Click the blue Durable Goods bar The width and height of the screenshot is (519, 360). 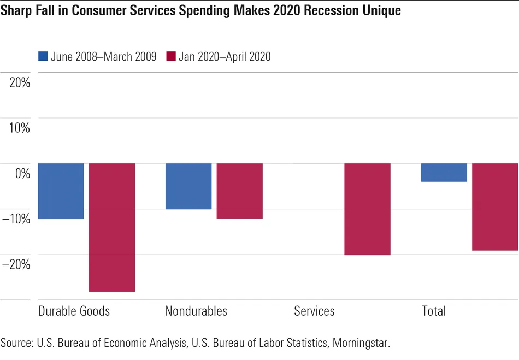61,191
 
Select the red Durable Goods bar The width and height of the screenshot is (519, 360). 112,227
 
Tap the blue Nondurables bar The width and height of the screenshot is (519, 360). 188,186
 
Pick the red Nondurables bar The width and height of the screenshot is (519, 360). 240,191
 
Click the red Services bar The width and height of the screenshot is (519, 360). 367,209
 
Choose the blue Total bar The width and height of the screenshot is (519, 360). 444,173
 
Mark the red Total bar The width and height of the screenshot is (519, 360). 495,206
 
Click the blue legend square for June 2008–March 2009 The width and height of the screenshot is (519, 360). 43,56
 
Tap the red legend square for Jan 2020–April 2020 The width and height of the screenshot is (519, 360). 170,56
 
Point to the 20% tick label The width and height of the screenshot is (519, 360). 19,83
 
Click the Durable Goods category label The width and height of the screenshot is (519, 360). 74,311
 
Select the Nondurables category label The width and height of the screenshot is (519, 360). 196,311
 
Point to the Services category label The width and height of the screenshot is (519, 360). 314,311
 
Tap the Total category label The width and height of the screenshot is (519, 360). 434,311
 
